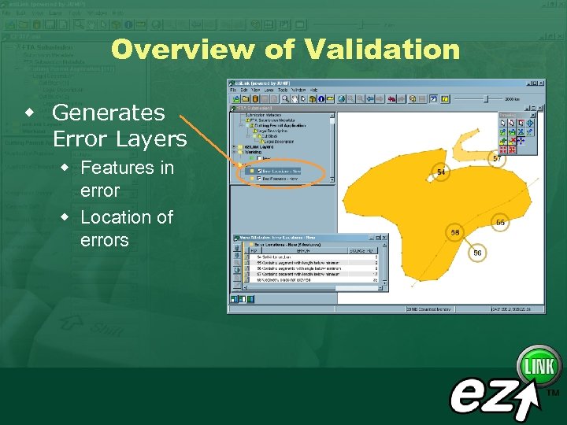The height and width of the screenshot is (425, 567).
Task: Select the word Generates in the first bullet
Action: coord(108,113)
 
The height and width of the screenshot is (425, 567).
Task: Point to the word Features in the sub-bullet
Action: coord(117,168)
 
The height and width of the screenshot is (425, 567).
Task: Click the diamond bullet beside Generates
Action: coord(30,109)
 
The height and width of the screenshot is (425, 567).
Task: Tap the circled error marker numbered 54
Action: coord(441,172)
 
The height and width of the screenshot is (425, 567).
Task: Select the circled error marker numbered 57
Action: coord(497,158)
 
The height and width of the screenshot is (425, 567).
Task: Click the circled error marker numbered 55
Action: coord(500,223)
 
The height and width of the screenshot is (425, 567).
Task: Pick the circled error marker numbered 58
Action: coord(454,232)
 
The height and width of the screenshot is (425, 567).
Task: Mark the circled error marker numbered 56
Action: coord(477,253)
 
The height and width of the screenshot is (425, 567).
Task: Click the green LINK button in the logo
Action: coord(539,367)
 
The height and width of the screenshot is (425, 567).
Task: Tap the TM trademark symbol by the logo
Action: coord(553,392)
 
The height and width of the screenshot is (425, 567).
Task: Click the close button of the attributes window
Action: coord(384,236)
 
